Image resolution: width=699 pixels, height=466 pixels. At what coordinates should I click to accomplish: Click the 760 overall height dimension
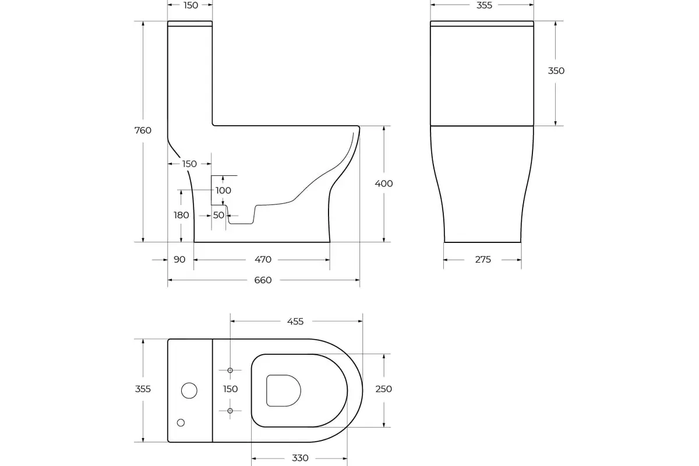143,130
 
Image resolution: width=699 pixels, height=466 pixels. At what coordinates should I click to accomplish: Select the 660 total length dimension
263,280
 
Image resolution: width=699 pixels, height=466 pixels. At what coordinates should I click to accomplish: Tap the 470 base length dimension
263,259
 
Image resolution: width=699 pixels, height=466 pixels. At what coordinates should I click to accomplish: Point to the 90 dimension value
179,259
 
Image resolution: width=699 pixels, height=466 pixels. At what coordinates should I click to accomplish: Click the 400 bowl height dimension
383,183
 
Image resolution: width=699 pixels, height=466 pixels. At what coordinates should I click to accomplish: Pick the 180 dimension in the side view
181,215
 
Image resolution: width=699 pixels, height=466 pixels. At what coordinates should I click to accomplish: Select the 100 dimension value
223,190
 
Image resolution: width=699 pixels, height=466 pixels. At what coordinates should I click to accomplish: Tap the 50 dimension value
218,215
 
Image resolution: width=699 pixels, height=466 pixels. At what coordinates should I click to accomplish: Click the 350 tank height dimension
556,71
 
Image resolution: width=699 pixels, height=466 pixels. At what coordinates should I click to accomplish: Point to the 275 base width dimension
483,260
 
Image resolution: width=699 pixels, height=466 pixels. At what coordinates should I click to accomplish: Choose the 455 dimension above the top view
295,322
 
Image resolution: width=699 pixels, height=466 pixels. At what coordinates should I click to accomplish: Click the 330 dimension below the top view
300,458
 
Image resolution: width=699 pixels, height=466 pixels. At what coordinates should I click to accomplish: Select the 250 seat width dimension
384,389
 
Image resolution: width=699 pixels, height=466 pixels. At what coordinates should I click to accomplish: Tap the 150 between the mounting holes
231,389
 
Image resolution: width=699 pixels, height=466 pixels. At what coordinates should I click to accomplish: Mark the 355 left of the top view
143,389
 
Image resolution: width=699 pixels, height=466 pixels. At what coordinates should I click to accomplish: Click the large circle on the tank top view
189,391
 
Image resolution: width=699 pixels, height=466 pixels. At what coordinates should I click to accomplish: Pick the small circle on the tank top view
181,422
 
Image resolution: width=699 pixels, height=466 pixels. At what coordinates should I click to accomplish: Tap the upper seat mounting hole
230,370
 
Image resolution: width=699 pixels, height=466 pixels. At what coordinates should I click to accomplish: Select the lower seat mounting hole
230,411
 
